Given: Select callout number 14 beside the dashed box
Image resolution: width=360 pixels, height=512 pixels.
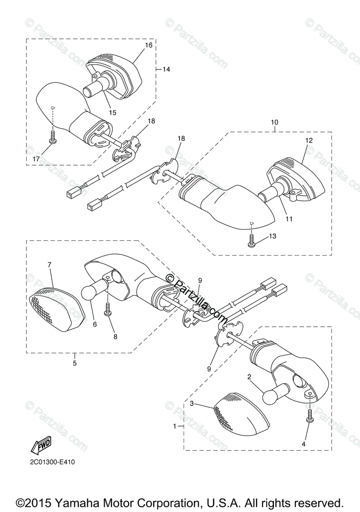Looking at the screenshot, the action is [166, 69].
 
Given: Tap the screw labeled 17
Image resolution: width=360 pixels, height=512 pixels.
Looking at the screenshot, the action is [53, 137].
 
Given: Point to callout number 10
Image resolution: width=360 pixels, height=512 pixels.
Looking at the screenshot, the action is [274, 122].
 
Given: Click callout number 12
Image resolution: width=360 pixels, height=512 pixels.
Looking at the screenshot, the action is [309, 140].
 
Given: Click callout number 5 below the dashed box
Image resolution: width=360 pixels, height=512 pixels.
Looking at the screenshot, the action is [74, 364].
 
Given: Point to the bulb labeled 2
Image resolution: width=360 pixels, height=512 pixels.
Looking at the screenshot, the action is [272, 395].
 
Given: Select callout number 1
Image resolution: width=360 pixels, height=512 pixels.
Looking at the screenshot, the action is [175, 426].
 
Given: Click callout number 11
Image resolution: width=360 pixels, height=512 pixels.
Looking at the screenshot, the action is [289, 219].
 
